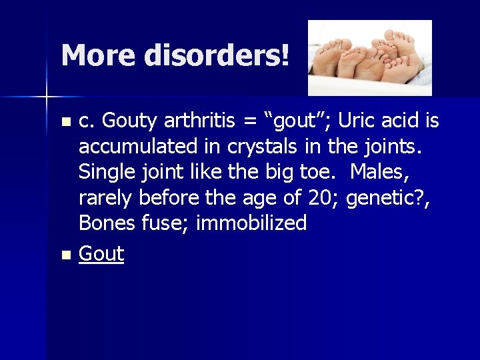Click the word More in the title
[99, 55]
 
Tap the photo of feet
[369, 57]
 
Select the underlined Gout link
[101, 254]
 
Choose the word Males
[377, 172]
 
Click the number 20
[327, 197]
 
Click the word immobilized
[251, 223]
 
